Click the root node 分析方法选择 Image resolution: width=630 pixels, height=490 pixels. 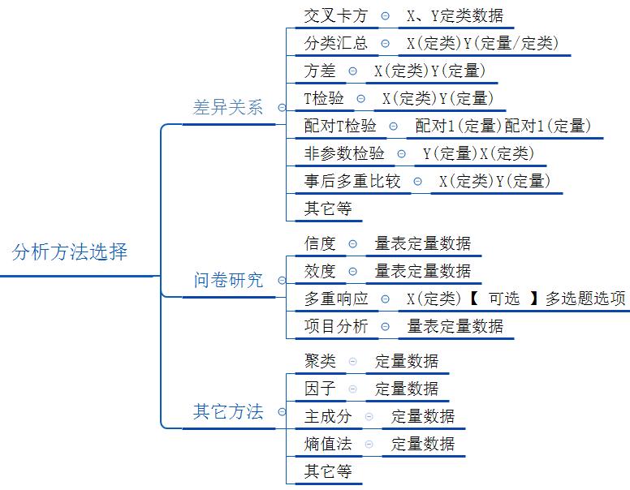tap(70, 251)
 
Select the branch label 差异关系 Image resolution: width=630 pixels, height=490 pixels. tap(228, 108)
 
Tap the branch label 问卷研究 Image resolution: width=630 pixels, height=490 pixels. tap(228, 281)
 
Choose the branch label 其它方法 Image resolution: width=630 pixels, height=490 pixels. tap(228, 412)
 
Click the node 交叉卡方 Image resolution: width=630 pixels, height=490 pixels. tap(335, 15)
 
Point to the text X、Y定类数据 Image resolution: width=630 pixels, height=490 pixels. tap(455, 15)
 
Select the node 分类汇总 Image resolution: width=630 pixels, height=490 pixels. tap(335, 43)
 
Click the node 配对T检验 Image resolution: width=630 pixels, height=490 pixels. tap(340, 126)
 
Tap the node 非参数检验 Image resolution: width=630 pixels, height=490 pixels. tap(344, 153)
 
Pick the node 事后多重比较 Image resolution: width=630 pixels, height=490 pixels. tap(352, 181)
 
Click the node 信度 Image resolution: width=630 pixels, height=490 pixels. tap(320, 243)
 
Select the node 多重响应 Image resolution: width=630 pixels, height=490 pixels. tap(336, 299)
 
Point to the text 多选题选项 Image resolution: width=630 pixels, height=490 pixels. tap(585, 299)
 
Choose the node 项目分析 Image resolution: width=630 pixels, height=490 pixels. tap(336, 326)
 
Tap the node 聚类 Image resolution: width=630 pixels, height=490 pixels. tap(320, 361)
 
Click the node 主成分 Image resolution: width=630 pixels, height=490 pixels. tap(328, 416)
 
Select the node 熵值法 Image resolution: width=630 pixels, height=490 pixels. tap(328, 444)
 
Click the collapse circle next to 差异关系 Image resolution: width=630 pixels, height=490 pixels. tap(281, 108)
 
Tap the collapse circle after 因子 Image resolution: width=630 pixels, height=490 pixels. tap(352, 389)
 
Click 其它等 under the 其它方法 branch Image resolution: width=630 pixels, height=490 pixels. tap(328, 471)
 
